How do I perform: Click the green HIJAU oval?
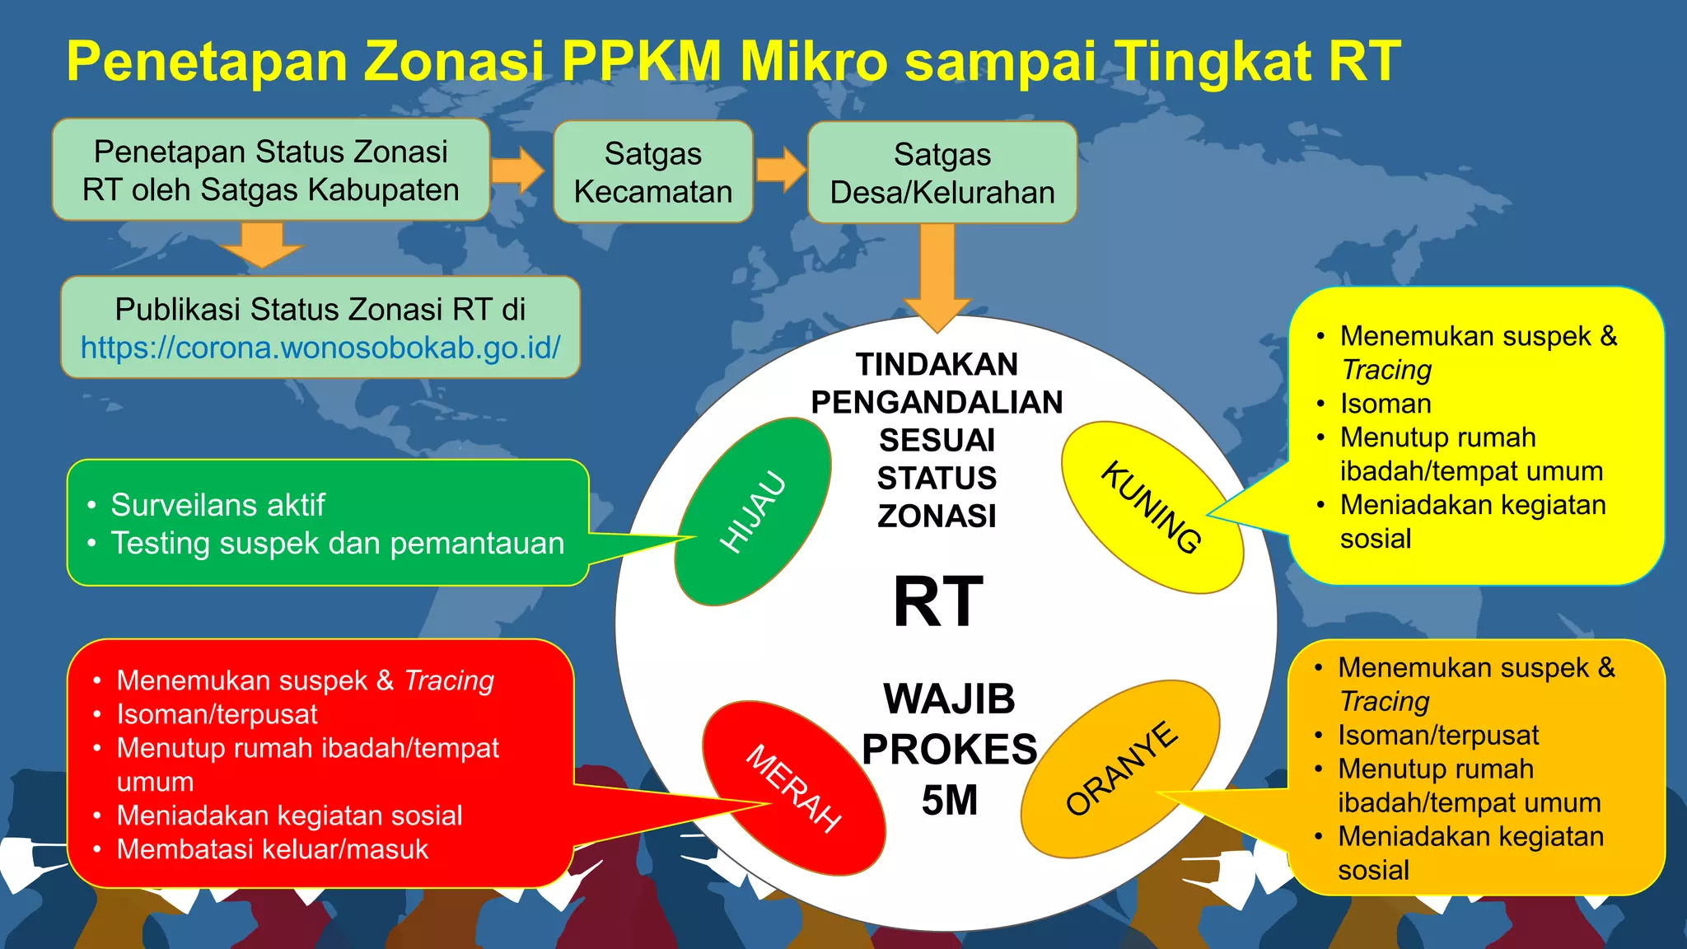(752, 511)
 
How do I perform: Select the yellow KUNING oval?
(1152, 507)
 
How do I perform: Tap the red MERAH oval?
(793, 788)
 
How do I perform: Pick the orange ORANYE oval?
(1120, 768)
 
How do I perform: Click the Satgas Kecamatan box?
(653, 172)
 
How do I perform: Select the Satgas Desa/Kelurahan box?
(942, 173)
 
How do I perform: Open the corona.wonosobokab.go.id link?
(320, 348)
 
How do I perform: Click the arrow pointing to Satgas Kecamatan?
(518, 171)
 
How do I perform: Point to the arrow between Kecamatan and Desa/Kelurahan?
(780, 171)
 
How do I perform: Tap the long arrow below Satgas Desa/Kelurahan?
(937, 276)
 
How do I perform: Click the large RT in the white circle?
(938, 602)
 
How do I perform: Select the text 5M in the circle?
(949, 800)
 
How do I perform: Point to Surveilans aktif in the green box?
(217, 505)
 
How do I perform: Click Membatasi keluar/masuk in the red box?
(273, 849)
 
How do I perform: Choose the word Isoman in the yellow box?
(1386, 404)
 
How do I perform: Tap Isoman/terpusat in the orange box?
(1438, 735)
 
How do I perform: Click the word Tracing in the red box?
(449, 680)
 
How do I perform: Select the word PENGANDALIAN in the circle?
(937, 402)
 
